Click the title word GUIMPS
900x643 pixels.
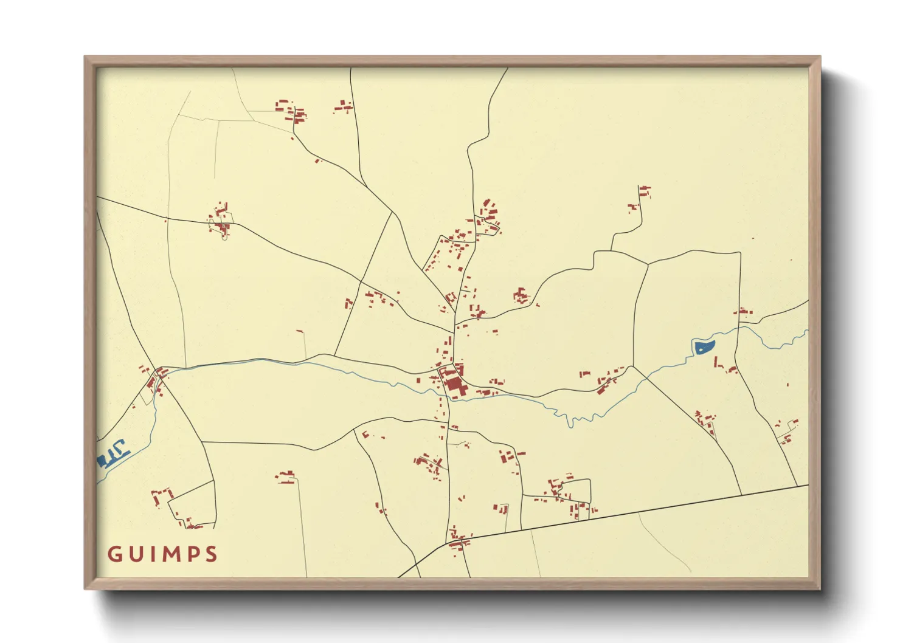162,554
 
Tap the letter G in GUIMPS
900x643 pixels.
114,554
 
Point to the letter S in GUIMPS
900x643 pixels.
211,554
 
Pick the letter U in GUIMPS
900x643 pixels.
134,554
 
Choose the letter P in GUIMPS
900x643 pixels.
192,554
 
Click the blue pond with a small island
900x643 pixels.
704,347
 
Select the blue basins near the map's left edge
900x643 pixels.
113,453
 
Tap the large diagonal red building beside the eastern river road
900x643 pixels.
604,385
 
